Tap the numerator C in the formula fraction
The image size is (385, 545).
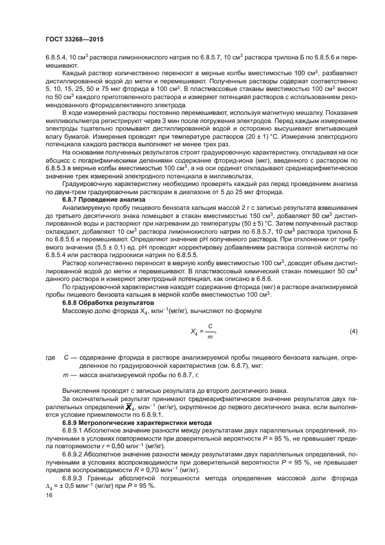tap(209, 326)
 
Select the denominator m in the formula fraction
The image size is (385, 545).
tap(209, 337)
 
